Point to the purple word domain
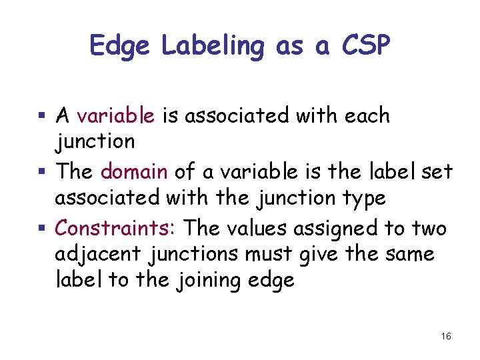click(x=134, y=172)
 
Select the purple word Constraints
click(x=115, y=228)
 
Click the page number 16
click(x=446, y=337)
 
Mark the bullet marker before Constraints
click(x=41, y=229)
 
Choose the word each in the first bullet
click(x=367, y=116)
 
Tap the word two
click(x=429, y=228)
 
